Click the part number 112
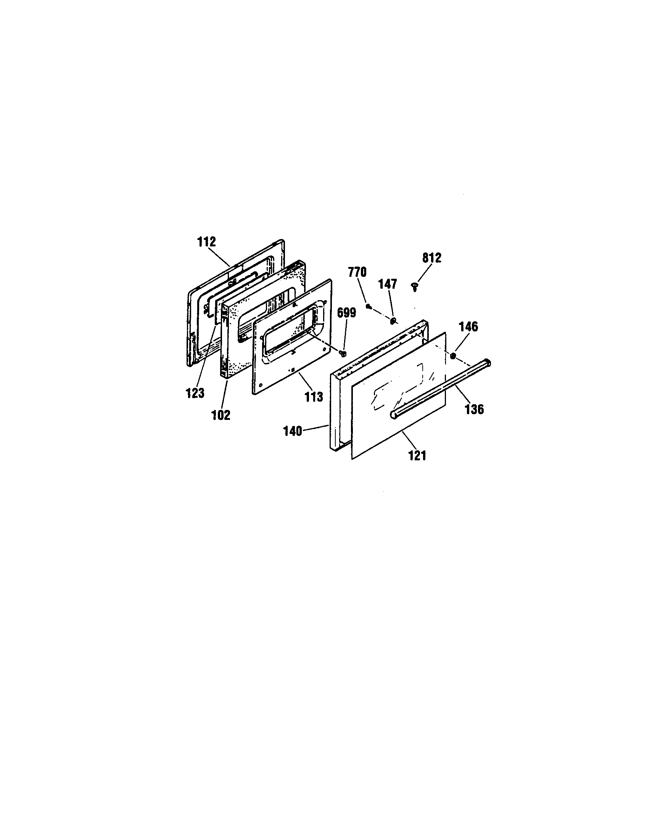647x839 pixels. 207,242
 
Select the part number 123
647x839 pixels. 195,394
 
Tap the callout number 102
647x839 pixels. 221,415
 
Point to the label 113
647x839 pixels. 314,397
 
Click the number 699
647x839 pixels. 346,312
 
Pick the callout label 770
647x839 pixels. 357,272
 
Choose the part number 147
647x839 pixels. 387,284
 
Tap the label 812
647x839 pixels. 432,258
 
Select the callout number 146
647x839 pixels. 468,327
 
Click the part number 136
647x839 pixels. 474,410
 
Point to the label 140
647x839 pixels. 293,431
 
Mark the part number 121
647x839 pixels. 417,456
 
